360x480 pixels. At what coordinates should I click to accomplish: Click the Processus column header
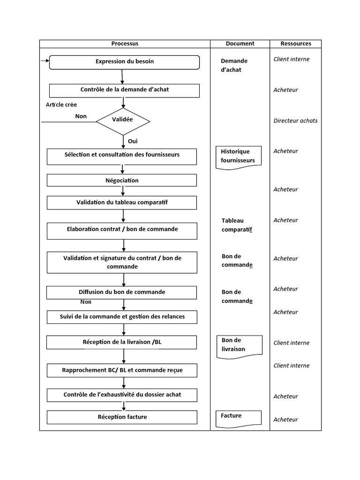click(x=125, y=44)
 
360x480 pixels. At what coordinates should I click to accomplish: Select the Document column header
click(x=240, y=44)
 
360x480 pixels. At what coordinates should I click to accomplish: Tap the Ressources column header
click(x=295, y=44)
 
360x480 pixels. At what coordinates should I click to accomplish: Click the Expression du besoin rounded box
click(x=125, y=62)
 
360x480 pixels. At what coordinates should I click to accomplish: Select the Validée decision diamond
click(x=123, y=120)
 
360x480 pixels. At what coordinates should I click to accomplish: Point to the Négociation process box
click(x=122, y=180)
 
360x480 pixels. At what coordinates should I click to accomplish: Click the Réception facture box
click(x=122, y=417)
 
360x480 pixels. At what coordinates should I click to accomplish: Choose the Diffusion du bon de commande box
click(x=122, y=292)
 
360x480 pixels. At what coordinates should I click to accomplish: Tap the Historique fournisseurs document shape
click(x=238, y=156)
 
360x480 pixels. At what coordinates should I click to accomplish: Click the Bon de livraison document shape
click(x=239, y=345)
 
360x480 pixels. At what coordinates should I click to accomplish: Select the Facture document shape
click(x=239, y=418)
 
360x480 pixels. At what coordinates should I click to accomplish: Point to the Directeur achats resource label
click(x=295, y=121)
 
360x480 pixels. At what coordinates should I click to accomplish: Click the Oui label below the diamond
click(x=133, y=141)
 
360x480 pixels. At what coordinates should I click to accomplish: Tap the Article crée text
click(x=61, y=105)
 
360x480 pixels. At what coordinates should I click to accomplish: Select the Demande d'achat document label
click(x=234, y=66)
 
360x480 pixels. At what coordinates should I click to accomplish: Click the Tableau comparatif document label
click(x=240, y=225)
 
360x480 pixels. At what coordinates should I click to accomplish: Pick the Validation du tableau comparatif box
click(x=122, y=202)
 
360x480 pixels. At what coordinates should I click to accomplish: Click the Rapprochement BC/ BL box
click(x=122, y=371)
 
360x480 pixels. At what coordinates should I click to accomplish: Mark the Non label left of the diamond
click(x=81, y=116)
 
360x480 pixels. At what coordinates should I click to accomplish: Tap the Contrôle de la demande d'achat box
click(x=125, y=90)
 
